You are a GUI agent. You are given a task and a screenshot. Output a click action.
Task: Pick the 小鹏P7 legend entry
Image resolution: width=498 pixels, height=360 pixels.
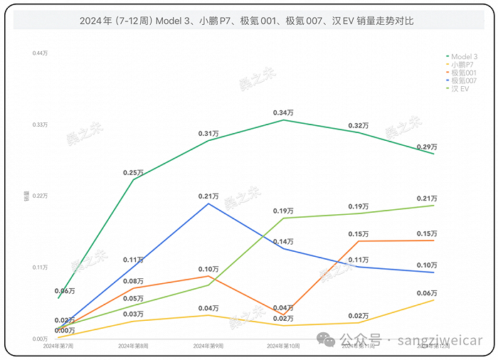point(462,65)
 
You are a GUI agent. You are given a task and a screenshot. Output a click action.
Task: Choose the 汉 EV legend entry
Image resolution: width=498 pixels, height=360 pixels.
point(460,89)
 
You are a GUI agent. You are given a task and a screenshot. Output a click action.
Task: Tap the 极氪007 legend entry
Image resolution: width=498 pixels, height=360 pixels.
point(464,81)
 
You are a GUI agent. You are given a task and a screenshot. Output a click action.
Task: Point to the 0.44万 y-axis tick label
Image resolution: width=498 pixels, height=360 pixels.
point(39,53)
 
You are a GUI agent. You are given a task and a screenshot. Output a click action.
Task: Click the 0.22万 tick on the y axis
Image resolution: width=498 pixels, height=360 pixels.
point(39,196)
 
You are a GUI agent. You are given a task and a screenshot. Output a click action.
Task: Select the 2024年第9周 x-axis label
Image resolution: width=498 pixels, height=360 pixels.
point(208,346)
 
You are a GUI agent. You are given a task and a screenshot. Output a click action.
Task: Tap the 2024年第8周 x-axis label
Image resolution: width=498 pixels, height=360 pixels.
point(133,346)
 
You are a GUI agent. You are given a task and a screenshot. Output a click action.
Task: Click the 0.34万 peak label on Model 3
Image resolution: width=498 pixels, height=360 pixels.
point(283,113)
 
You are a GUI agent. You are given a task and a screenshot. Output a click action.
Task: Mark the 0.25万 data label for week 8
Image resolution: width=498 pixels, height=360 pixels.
point(133,173)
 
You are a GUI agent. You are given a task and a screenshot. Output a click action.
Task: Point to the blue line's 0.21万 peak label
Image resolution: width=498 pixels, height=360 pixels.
point(208,196)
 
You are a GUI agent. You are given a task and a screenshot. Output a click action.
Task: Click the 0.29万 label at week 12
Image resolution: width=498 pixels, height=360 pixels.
point(428,147)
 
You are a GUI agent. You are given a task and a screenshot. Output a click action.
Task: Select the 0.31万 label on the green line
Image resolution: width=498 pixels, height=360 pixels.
point(208,134)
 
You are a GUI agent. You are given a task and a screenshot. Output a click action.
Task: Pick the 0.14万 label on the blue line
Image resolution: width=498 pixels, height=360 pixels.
point(283,242)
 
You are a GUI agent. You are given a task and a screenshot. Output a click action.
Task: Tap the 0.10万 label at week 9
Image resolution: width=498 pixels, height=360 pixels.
point(208,269)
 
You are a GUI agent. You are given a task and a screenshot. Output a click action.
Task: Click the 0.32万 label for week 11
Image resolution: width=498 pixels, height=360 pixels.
point(359,126)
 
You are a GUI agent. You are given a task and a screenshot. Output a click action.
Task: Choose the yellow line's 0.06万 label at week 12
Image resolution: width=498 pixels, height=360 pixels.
point(428,293)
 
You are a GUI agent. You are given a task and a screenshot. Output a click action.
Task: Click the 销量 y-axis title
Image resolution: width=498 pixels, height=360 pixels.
point(27,196)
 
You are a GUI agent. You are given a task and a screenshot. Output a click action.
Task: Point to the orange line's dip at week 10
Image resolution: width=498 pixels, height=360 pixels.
point(283,314)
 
